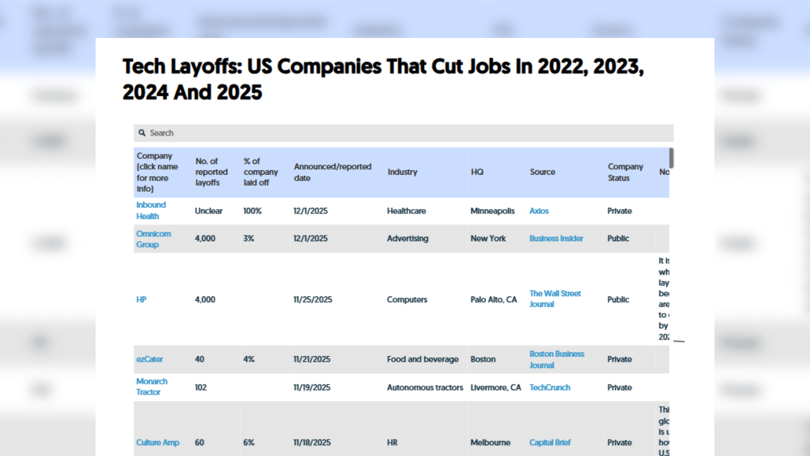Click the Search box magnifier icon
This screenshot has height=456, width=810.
(142, 133)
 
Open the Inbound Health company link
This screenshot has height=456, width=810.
(151, 210)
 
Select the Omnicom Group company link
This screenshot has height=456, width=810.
(153, 239)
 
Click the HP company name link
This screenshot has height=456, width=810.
(141, 300)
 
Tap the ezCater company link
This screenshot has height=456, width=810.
(149, 359)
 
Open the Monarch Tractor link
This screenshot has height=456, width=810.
(152, 386)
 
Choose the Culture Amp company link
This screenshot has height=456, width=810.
(158, 443)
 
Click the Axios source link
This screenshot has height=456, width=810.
(539, 211)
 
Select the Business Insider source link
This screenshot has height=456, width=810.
(556, 239)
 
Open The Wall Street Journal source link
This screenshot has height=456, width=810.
(555, 298)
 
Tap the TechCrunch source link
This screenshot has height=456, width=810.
(549, 387)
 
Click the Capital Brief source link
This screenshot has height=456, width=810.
(549, 443)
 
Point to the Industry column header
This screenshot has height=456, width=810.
(402, 172)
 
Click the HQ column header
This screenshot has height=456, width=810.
(477, 172)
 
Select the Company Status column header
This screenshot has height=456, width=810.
(625, 172)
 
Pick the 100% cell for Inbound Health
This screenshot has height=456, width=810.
(252, 211)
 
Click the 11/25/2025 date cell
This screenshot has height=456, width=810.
(312, 300)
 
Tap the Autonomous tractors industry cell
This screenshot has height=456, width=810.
(425, 387)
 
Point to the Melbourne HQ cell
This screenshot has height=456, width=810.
(490, 443)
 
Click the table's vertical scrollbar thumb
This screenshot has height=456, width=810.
(671, 158)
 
